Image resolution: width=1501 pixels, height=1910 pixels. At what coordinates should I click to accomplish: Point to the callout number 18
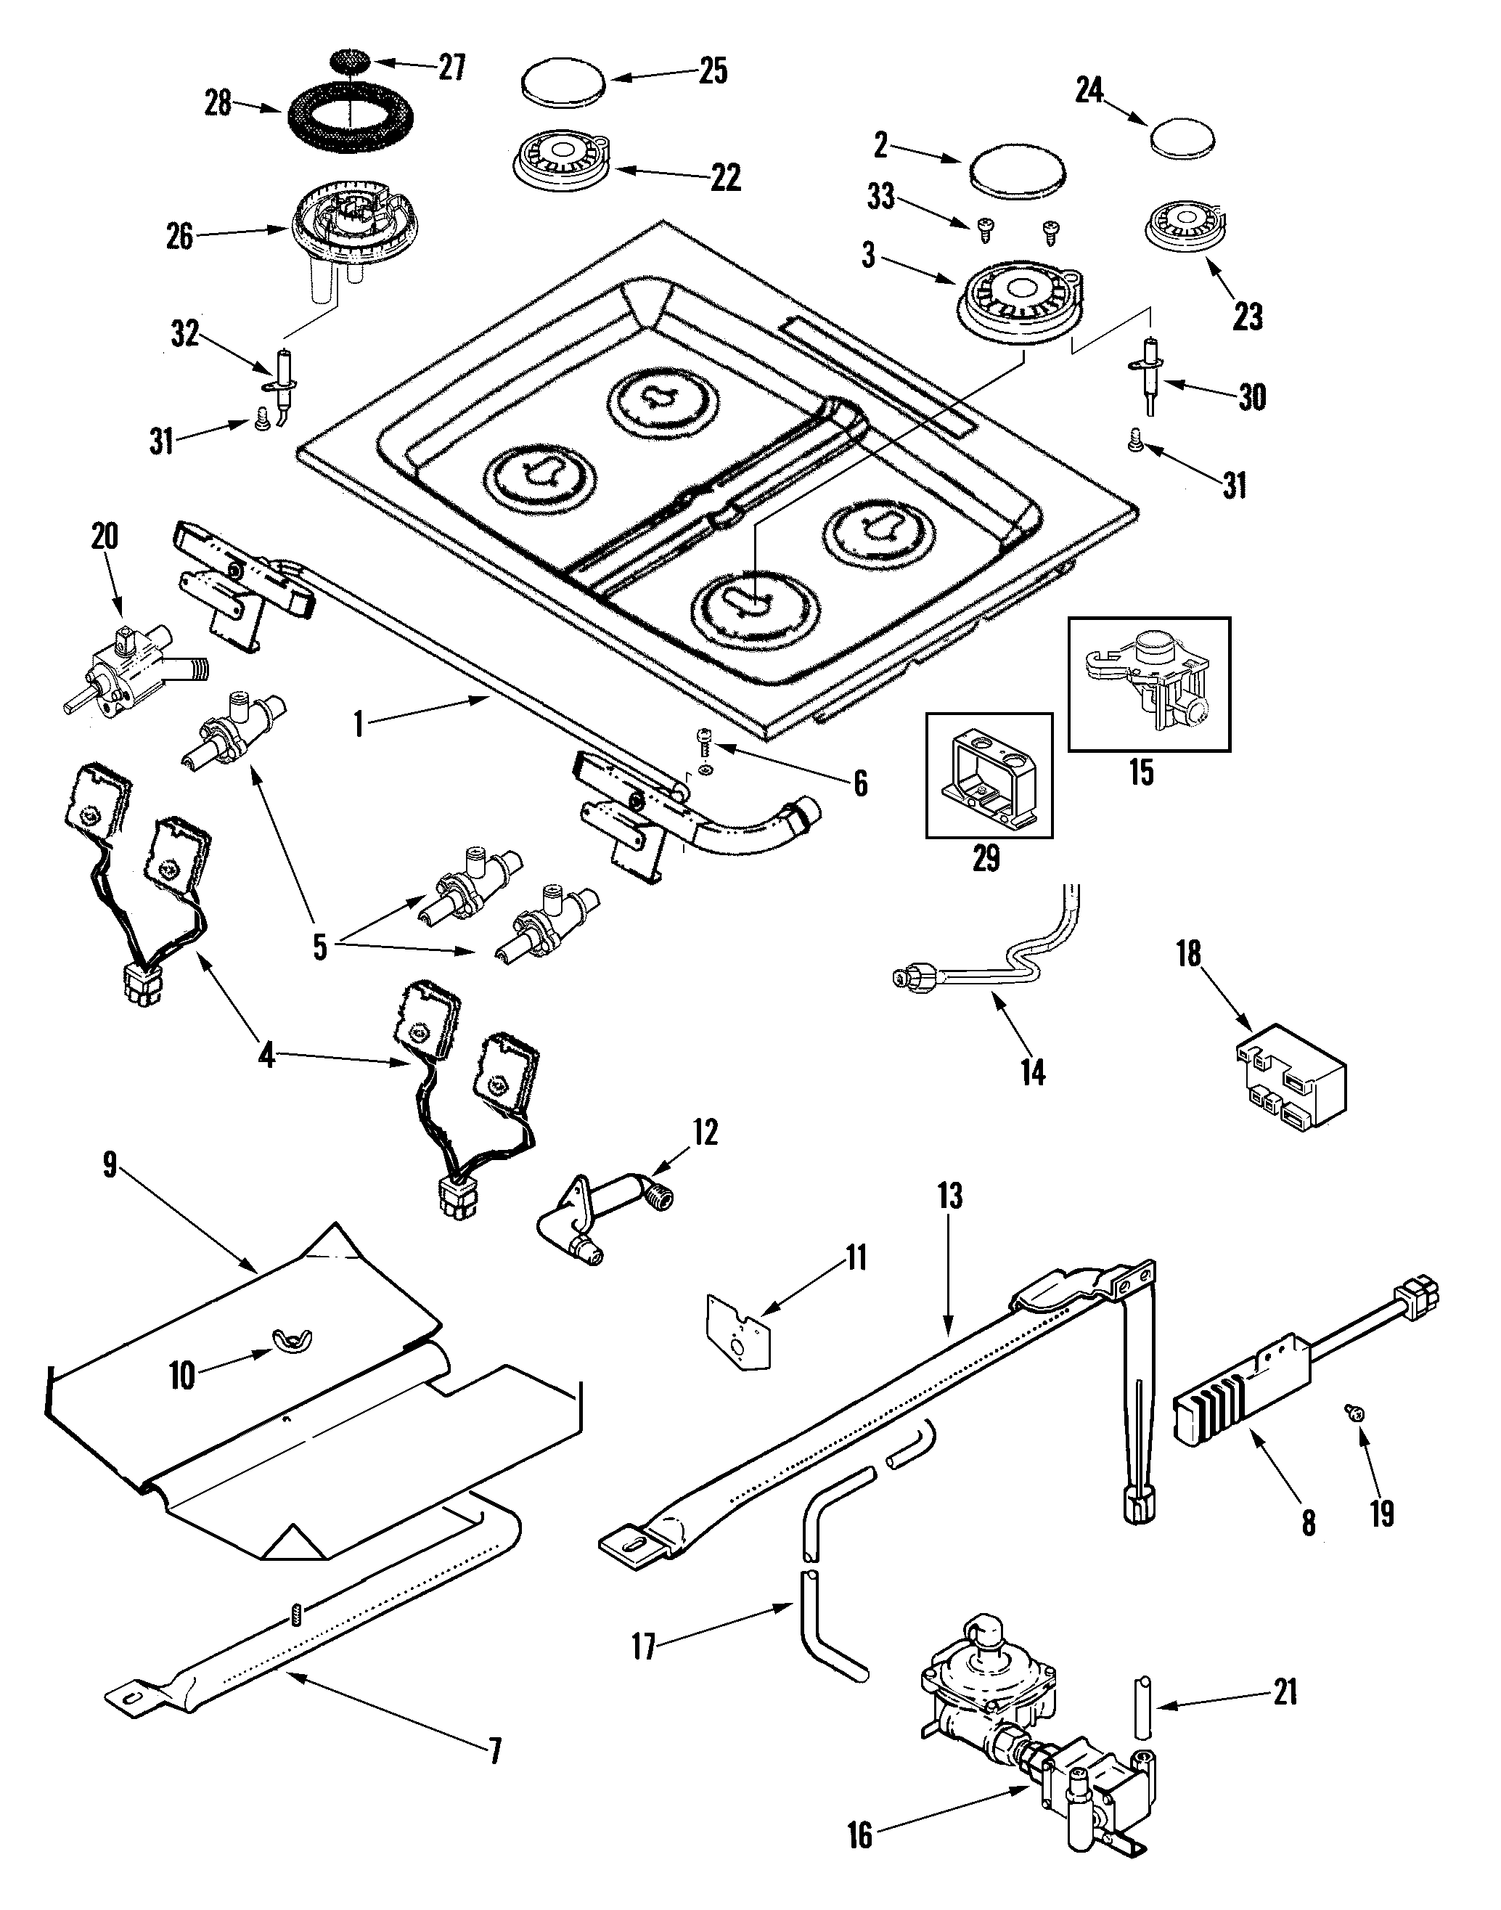[x=1189, y=954]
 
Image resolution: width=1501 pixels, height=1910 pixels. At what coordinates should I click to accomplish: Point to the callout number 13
[x=950, y=1196]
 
